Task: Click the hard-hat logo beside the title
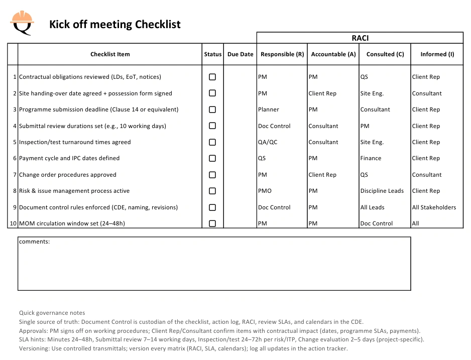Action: [22, 22]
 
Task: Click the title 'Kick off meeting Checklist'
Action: [114, 24]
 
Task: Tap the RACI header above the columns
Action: [360, 38]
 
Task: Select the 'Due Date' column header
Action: [240, 54]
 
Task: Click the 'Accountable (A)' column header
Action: [333, 54]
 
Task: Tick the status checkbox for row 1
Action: [212, 77]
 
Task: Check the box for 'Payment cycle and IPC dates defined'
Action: [212, 158]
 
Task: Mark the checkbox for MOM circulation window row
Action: [212, 223]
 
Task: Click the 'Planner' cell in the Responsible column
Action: [268, 109]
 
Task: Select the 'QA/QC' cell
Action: [267, 142]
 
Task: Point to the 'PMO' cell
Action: [265, 191]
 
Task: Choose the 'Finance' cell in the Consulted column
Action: [371, 158]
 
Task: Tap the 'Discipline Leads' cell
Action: [382, 191]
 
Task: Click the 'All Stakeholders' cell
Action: [434, 207]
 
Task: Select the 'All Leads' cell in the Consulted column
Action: [372, 207]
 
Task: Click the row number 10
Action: [13, 223]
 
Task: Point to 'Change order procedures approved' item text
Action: [67, 175]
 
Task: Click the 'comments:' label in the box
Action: [34, 242]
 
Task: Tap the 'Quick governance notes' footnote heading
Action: [52, 313]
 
